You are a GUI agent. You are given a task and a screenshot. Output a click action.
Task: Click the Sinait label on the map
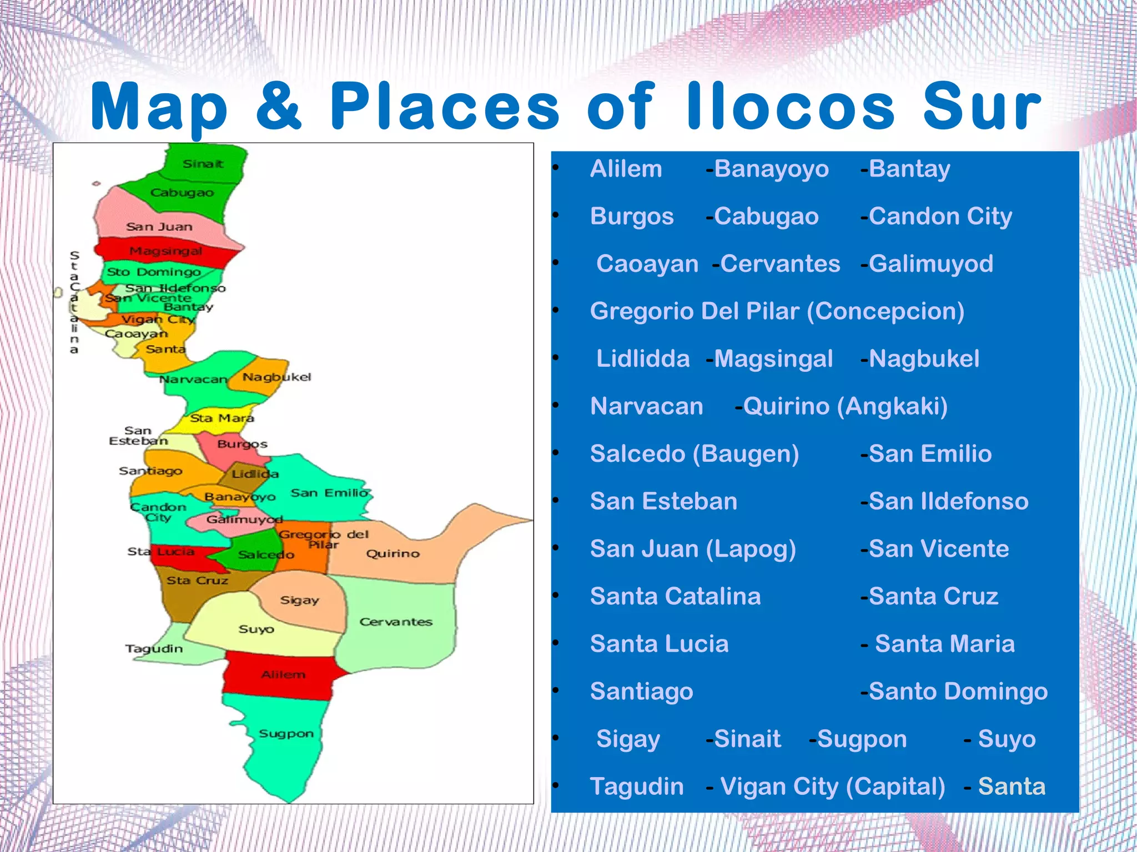click(203, 164)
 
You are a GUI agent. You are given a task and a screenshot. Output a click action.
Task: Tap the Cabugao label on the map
click(182, 193)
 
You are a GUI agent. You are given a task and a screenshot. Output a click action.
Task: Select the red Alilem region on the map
click(283, 675)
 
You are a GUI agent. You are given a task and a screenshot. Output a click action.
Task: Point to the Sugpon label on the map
click(286, 734)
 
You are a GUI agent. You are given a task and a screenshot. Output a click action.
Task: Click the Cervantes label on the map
click(395, 622)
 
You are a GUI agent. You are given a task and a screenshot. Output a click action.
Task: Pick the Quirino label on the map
click(393, 553)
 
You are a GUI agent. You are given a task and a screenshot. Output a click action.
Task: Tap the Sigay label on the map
click(299, 600)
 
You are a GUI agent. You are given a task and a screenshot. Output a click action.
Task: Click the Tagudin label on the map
click(154, 648)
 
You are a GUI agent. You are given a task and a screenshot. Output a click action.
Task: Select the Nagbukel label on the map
click(276, 377)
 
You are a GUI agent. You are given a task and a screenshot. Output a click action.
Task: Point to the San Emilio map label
click(329, 493)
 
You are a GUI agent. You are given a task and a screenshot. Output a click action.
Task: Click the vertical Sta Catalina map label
click(74, 303)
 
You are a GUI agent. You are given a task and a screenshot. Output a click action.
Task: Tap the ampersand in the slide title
click(279, 106)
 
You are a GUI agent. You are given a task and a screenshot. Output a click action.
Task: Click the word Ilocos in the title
click(790, 106)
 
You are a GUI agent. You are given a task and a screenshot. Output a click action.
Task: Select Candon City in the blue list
click(940, 216)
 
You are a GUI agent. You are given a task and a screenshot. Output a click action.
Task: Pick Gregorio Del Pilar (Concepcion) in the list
click(777, 311)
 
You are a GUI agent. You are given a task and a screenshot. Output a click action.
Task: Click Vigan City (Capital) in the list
click(832, 787)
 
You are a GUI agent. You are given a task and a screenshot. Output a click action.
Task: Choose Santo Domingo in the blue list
click(958, 692)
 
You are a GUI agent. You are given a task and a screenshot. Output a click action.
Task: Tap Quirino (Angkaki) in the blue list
click(844, 406)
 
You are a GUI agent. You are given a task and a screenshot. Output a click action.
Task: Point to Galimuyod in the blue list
click(930, 264)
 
